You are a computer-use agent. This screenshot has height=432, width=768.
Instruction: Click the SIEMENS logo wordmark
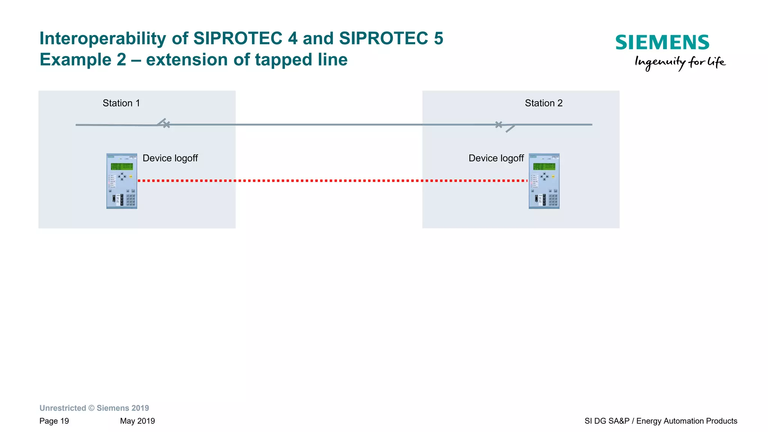click(x=662, y=42)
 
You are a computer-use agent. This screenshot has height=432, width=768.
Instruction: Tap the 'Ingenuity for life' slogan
click(x=680, y=62)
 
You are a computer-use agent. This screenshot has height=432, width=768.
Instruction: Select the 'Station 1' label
click(x=121, y=103)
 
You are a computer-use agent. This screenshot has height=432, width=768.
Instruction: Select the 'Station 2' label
click(x=543, y=103)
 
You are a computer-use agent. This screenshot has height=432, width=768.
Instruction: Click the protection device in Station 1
click(x=121, y=181)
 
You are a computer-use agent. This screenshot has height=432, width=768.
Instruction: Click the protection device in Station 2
click(x=544, y=181)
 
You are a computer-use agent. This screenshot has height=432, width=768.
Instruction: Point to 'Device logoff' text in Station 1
click(x=170, y=158)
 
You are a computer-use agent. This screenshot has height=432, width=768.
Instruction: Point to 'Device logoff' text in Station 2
click(x=496, y=158)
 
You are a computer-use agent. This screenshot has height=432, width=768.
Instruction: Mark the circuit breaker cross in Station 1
click(x=166, y=125)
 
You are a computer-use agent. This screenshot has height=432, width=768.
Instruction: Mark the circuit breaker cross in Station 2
click(x=498, y=125)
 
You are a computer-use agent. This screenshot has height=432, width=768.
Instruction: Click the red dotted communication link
click(x=333, y=181)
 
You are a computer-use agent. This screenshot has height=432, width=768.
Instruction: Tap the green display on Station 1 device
click(x=121, y=166)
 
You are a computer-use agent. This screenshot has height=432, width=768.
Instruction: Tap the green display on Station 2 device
click(x=544, y=166)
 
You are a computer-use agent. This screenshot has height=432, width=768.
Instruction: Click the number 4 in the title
click(x=292, y=39)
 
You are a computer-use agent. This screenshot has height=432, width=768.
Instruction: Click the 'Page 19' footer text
click(x=54, y=421)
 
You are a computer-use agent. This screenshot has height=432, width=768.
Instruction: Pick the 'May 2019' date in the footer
click(x=137, y=421)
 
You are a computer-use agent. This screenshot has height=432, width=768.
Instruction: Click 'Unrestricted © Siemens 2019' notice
click(x=94, y=408)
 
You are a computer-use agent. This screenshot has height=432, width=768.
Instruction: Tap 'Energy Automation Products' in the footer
click(x=687, y=421)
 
